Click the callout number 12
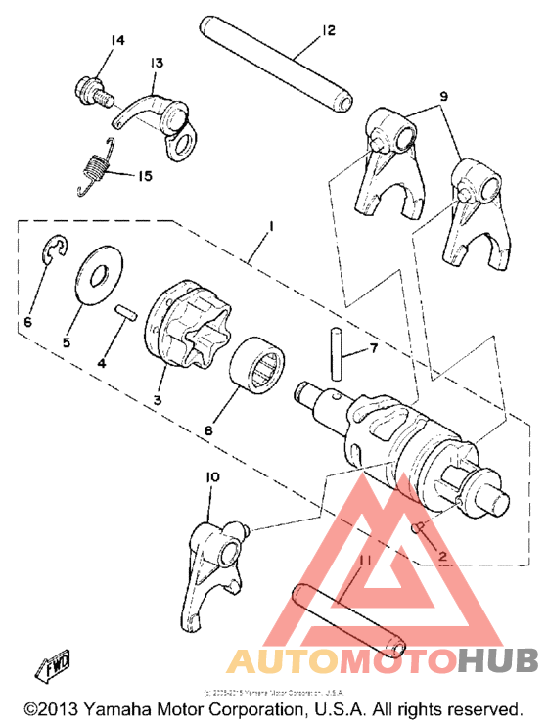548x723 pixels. tap(327, 31)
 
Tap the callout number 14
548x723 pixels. tap(117, 40)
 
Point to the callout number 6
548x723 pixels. tap(27, 320)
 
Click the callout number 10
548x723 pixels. tap(212, 476)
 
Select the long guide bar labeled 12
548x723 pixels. tap(278, 60)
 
